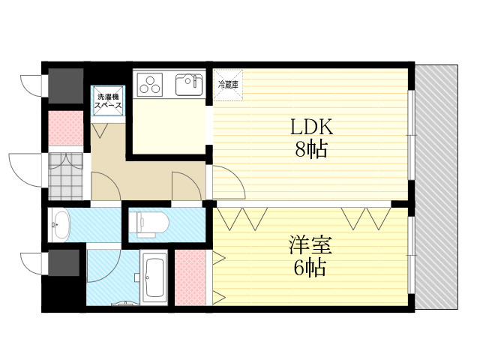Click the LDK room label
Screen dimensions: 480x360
312,127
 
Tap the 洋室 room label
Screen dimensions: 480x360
310,245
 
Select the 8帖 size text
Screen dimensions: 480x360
311,149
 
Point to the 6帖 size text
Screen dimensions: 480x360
310,268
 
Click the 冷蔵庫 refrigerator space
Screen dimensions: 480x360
228,85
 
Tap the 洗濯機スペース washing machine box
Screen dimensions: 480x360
109,100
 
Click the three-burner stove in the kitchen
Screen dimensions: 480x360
150,84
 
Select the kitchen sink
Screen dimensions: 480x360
189,85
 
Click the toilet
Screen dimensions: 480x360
148,225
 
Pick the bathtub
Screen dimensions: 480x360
154,277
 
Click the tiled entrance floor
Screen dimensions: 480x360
65,177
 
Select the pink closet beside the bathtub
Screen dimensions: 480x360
190,277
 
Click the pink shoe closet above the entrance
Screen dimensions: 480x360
66,128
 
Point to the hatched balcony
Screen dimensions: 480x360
436,187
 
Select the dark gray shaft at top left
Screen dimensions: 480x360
66,86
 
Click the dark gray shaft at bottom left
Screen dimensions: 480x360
64,262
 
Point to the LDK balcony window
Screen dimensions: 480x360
412,135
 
